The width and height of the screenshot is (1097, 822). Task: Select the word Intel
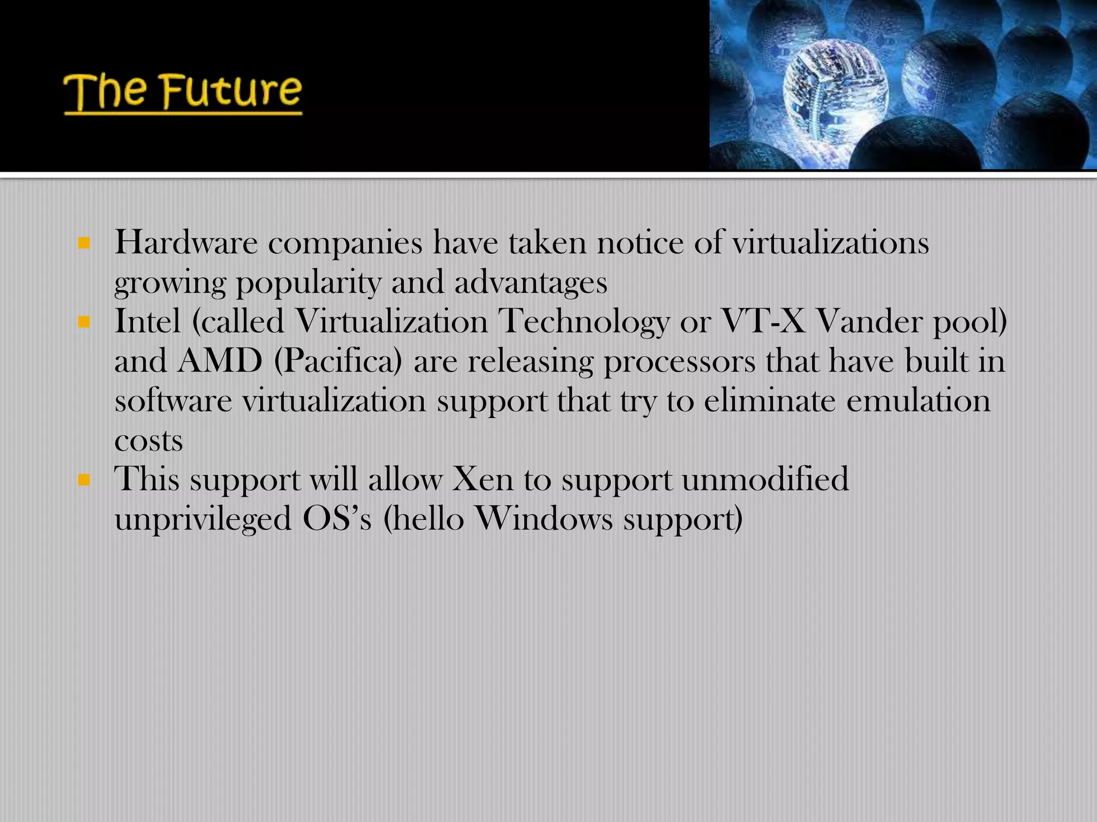[x=147, y=322]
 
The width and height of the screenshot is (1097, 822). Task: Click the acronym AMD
[x=220, y=361]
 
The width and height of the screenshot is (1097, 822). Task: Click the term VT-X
[x=763, y=322]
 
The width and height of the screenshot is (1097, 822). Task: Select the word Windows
[x=543, y=519]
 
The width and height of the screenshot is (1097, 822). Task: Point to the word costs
[x=148, y=441]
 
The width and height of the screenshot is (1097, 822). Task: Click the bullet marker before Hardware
[x=84, y=243]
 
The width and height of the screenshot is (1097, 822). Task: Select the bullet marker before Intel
[x=84, y=322]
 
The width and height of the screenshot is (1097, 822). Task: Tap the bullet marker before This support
[x=84, y=479]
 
